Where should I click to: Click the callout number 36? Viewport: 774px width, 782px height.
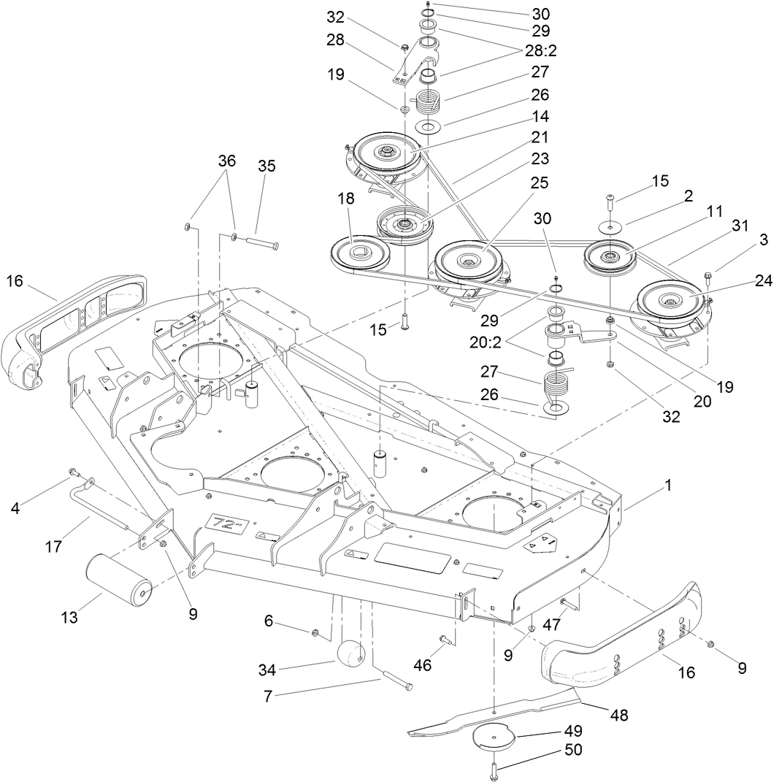228,161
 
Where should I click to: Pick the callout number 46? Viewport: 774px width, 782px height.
422,665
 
